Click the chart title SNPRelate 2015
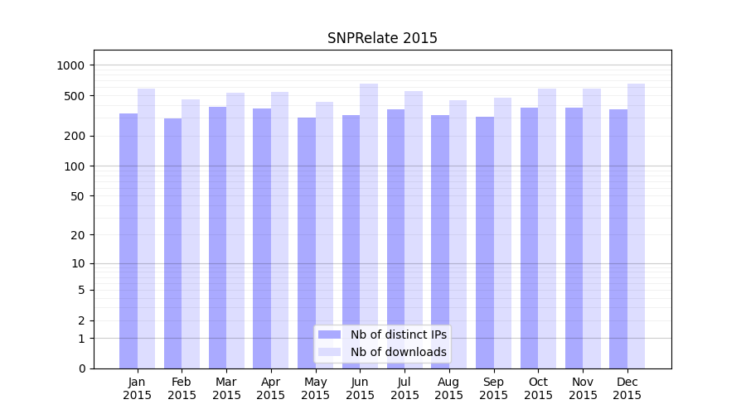382,38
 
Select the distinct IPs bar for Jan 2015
128,240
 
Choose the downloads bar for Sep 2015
502,233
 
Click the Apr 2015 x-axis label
271,388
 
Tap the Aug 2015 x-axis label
449,388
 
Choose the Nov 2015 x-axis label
583,388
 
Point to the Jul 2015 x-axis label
404,388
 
